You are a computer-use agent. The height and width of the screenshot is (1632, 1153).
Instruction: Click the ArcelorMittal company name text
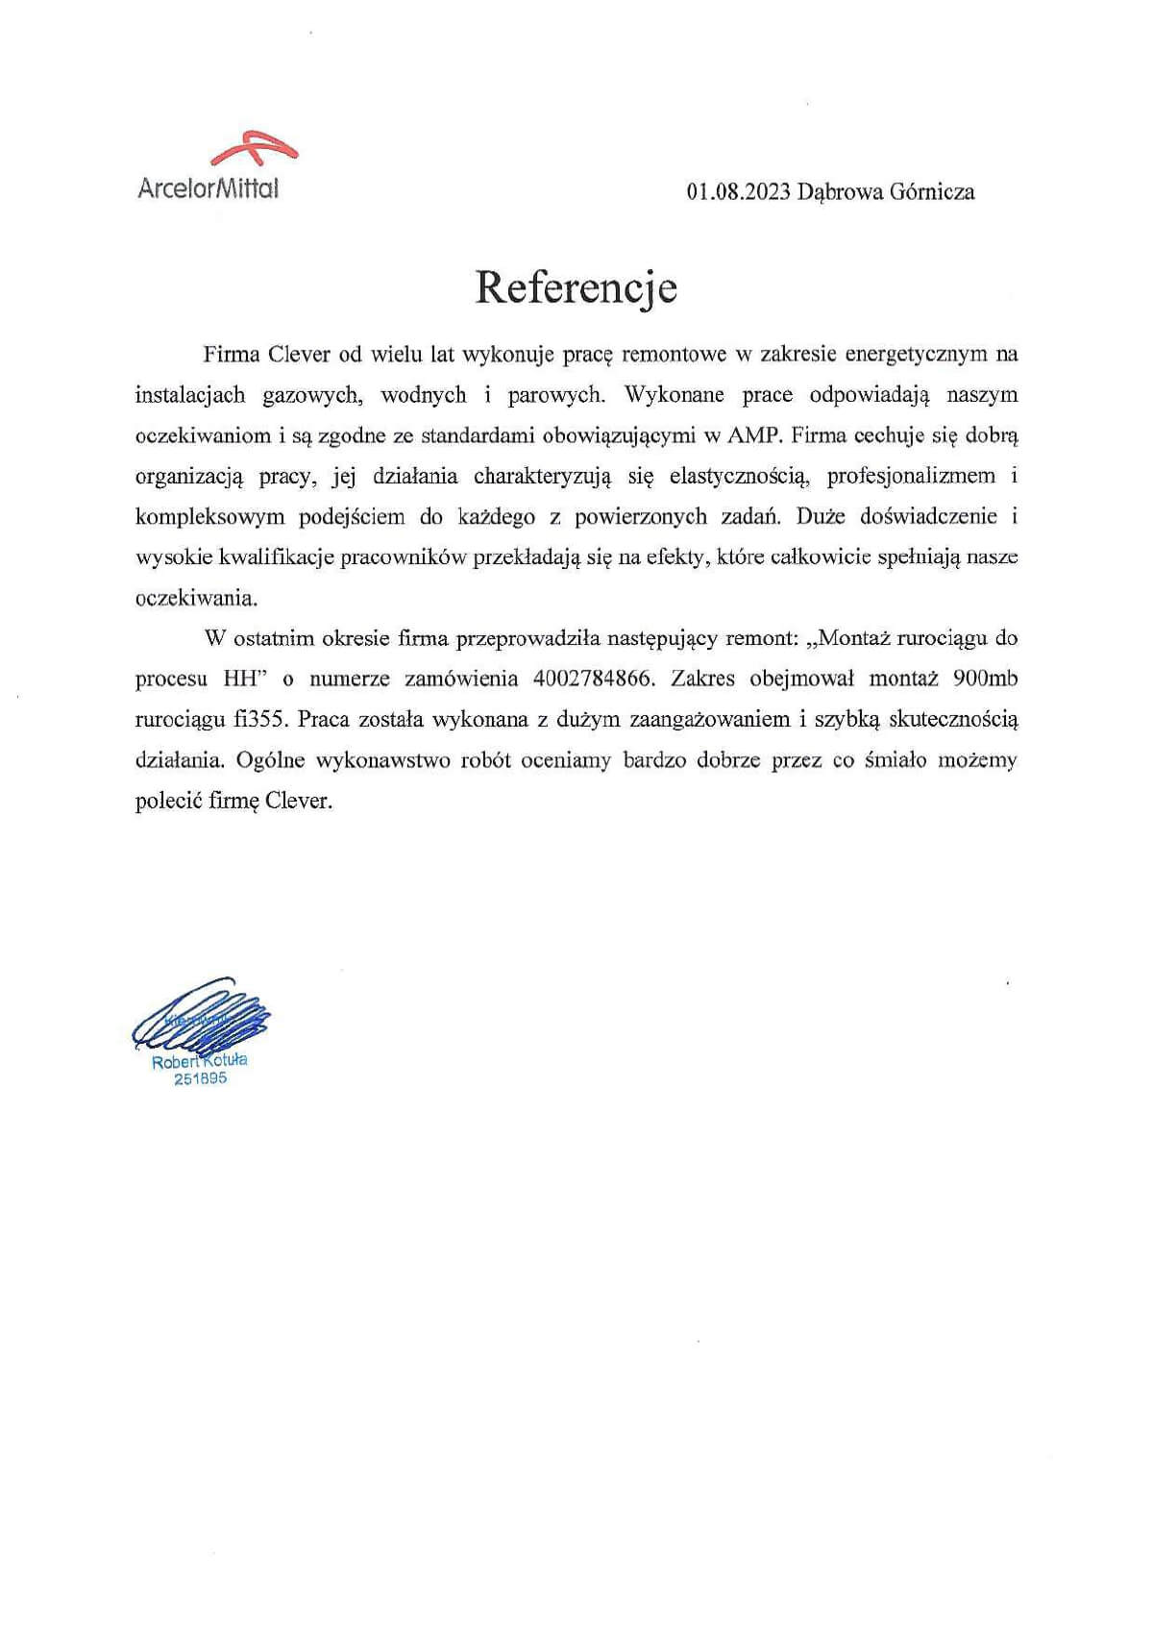point(208,188)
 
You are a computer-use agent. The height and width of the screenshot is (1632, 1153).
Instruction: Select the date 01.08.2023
point(738,192)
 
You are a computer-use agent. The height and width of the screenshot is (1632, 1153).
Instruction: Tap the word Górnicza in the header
point(932,192)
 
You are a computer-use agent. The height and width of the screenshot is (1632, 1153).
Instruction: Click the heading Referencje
point(576,287)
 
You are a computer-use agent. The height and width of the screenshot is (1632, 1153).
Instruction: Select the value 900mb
point(984,679)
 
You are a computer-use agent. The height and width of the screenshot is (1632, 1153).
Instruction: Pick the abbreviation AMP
point(756,435)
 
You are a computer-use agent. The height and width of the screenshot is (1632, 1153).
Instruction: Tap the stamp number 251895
point(200,1079)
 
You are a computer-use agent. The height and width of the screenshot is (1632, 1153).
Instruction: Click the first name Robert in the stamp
point(175,1063)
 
